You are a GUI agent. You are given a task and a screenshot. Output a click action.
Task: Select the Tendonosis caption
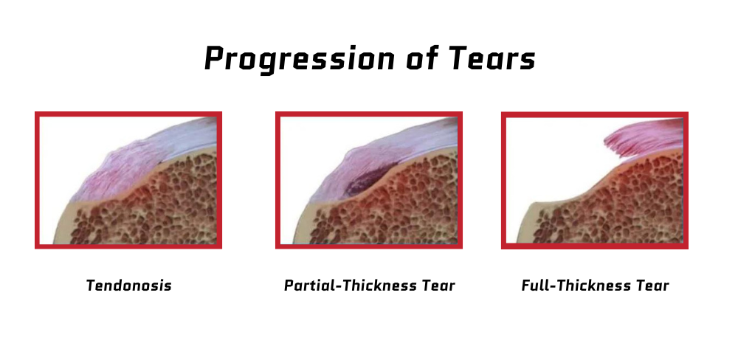click(x=128, y=285)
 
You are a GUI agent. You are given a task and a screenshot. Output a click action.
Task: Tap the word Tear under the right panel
click(x=652, y=285)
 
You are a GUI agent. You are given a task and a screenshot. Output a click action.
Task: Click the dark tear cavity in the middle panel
click(x=372, y=178)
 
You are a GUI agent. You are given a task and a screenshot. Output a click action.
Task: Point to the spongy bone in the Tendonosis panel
click(x=170, y=207)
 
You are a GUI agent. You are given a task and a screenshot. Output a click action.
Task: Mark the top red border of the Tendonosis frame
click(x=128, y=114)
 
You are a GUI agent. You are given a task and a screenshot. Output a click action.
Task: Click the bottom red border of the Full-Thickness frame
click(x=594, y=246)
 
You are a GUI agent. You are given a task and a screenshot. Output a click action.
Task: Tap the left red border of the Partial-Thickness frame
click(x=278, y=180)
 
